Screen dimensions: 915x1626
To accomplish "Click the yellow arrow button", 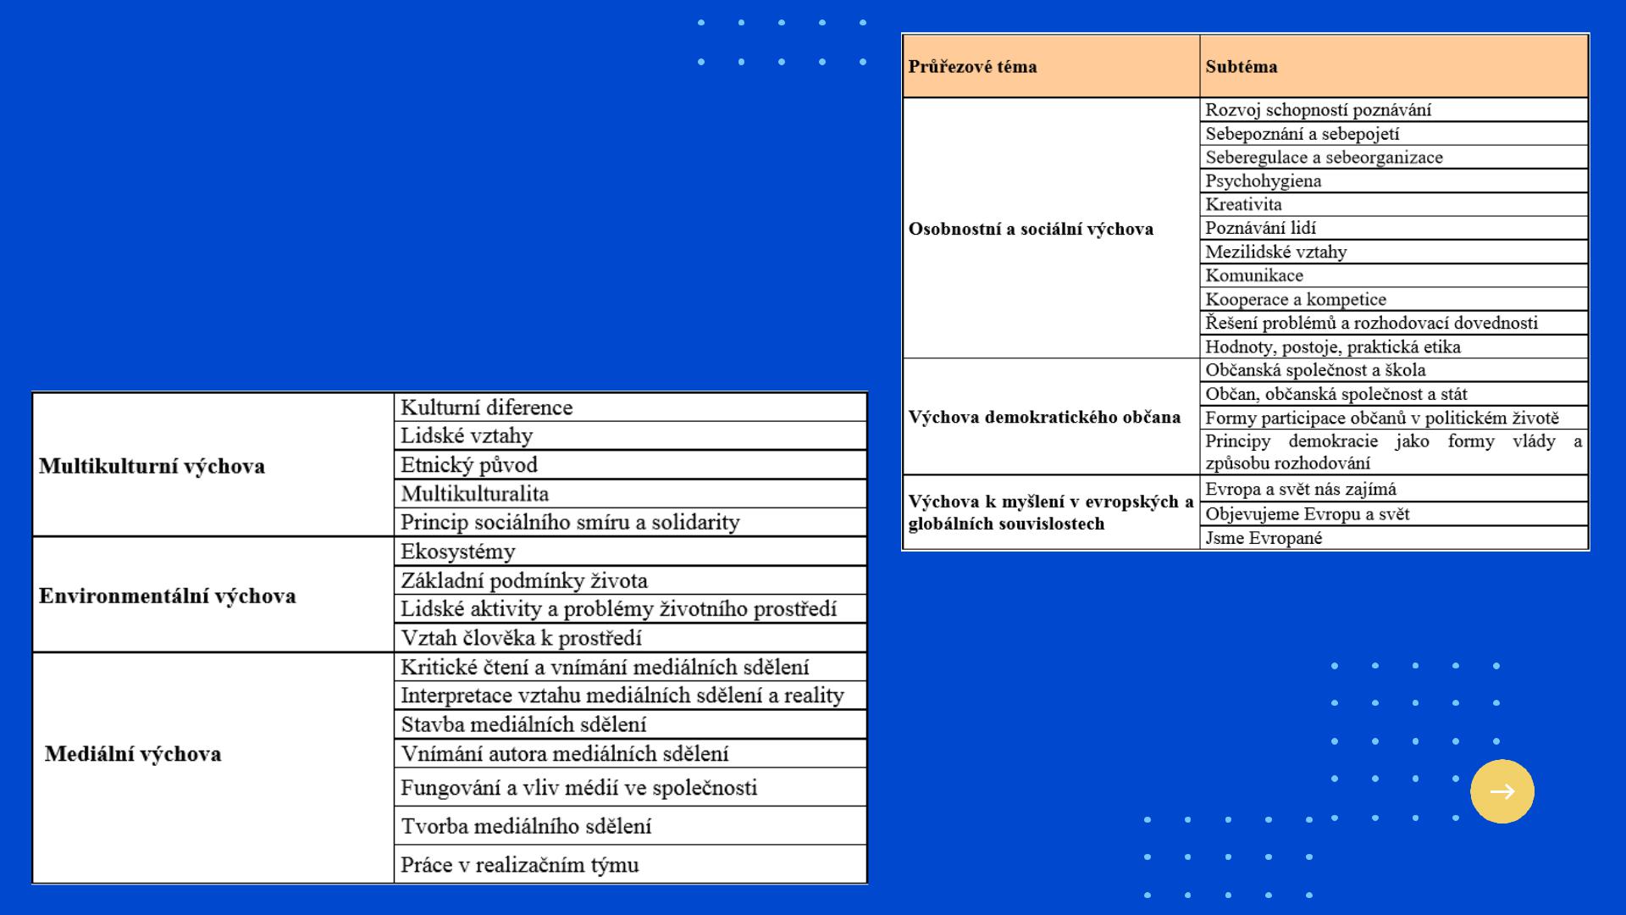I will pos(1502,791).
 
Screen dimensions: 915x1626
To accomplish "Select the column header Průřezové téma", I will pos(972,67).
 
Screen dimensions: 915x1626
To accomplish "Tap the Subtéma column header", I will pos(1241,67).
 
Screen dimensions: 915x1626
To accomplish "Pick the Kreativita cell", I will pos(1243,204).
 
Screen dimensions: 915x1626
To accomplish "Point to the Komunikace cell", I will pos(1253,275).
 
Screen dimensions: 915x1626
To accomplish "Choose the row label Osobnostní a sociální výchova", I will pos(1031,229).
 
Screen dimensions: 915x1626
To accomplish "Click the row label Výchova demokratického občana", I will pos(1044,417).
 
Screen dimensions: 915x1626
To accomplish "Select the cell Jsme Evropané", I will pos(1264,538).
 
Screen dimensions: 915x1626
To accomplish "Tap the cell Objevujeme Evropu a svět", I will pos(1307,514).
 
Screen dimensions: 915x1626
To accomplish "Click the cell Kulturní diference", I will pos(486,408).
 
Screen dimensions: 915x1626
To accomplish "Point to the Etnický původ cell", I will pos(468,465).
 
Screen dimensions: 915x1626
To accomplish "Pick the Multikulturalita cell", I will pos(474,494).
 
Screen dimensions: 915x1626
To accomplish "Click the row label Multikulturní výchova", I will pos(152,466).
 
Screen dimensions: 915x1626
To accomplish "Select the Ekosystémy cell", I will pos(457,552).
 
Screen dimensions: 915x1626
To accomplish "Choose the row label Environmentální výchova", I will pos(167,596).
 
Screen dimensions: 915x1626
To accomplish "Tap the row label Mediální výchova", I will pos(133,754).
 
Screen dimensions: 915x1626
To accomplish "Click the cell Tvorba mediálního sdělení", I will pos(526,826).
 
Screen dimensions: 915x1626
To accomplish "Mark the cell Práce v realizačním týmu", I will pos(519,865).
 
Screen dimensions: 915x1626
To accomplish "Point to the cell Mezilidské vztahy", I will pos(1275,252).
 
